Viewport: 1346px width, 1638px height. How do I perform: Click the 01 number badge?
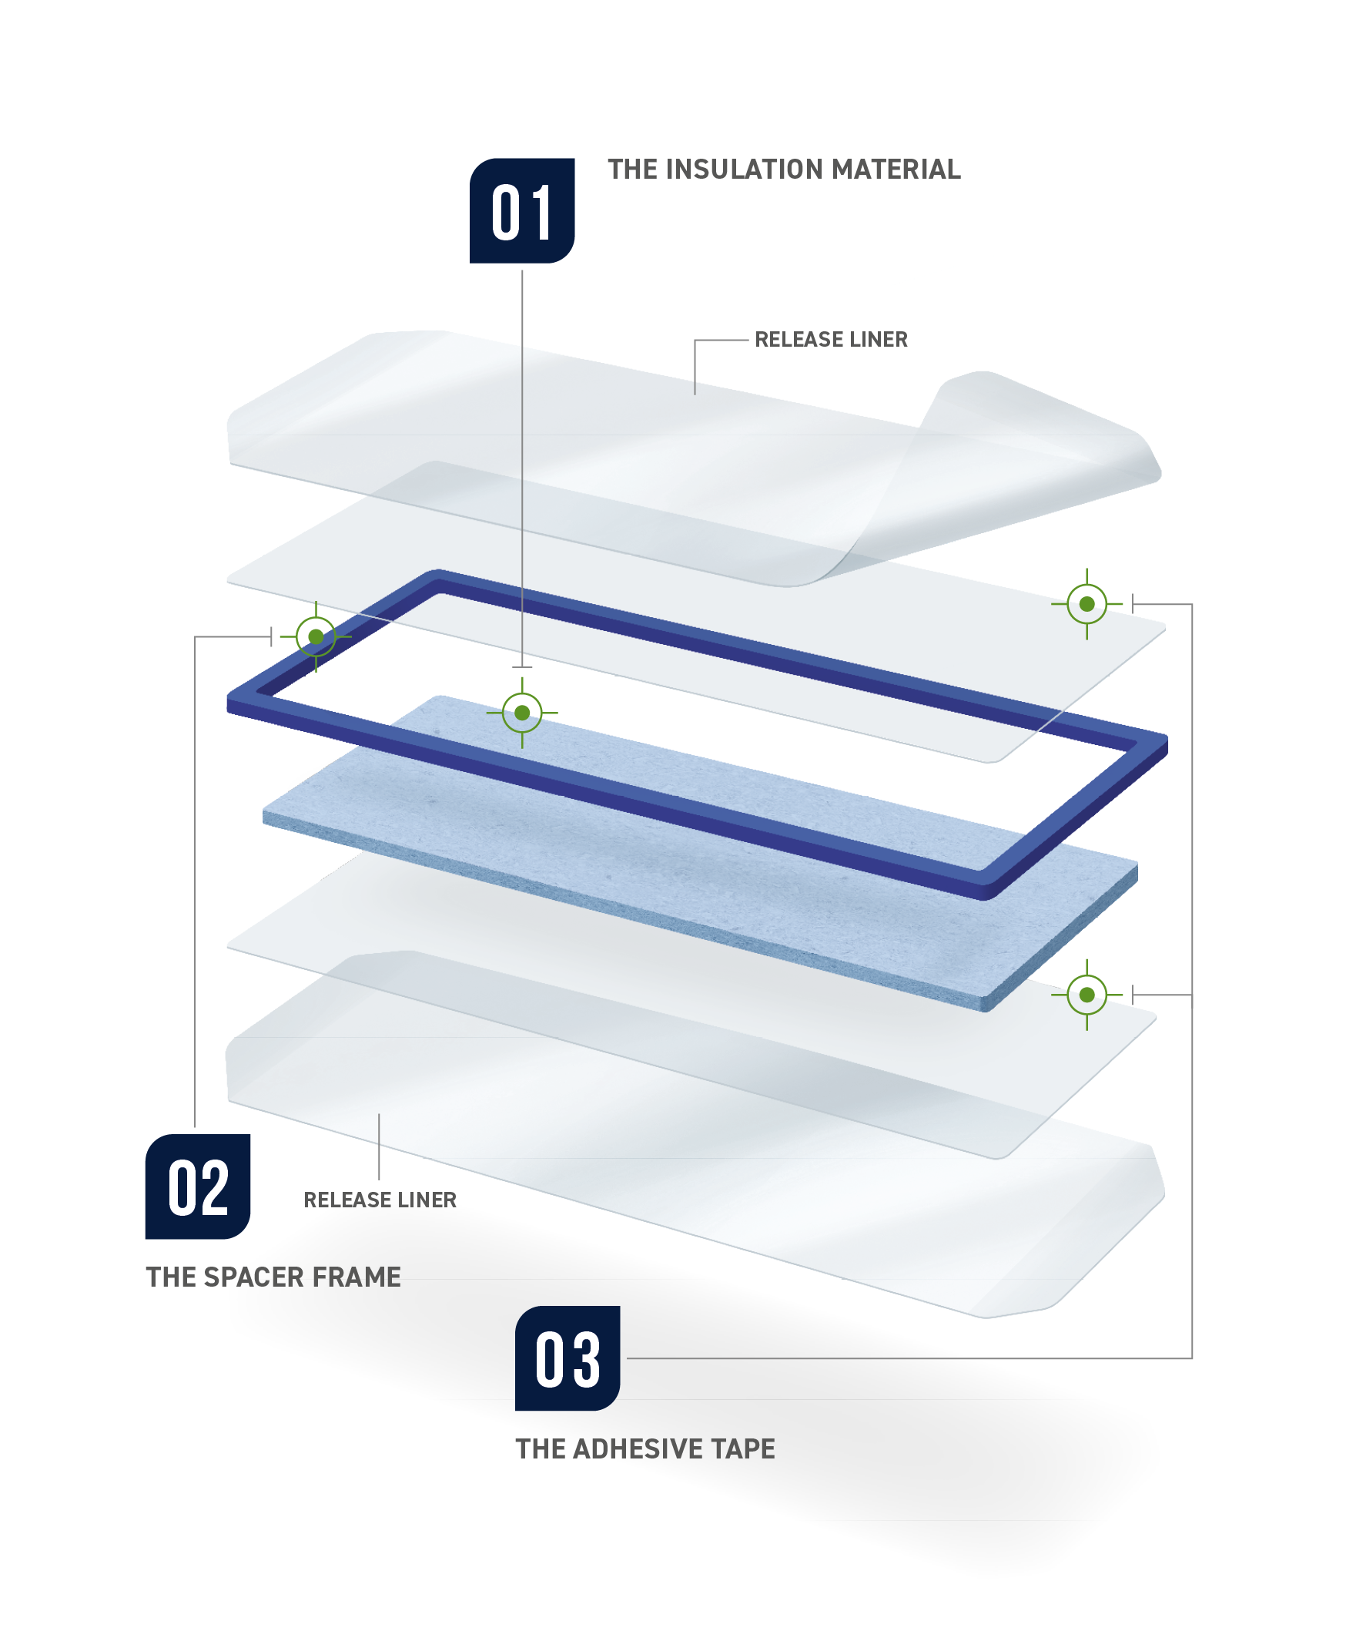522,211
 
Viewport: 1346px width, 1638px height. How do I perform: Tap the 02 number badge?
198,1187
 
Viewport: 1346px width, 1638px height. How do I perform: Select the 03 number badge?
567,1358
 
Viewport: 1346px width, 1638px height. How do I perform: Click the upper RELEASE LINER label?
830,340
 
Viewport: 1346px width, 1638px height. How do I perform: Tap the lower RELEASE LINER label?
380,1200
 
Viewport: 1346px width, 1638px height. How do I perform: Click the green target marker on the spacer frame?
316,636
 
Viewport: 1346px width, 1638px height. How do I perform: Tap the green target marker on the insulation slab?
522,713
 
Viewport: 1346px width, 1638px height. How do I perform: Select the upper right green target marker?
1087,604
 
